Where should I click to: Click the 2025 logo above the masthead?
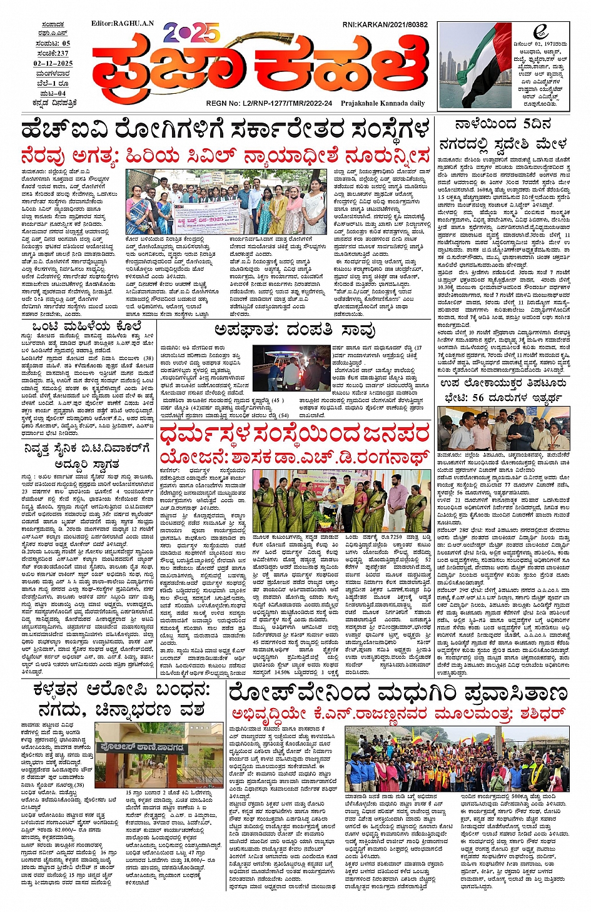[192, 32]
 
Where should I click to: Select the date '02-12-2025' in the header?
[53, 63]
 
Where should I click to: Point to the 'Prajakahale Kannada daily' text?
[385, 103]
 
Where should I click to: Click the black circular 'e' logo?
[540, 32]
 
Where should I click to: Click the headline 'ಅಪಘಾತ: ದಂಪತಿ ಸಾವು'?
[295, 330]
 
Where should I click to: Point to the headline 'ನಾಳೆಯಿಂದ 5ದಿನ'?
[503, 124]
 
